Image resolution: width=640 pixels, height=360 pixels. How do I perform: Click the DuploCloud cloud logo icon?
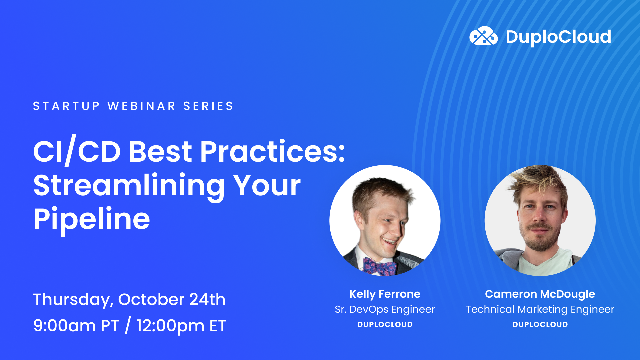click(x=483, y=36)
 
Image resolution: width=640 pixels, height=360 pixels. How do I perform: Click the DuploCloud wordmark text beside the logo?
click(x=558, y=37)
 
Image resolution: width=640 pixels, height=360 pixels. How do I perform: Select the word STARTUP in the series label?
click(x=66, y=106)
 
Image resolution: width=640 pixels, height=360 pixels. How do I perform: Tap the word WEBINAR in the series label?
click(x=142, y=106)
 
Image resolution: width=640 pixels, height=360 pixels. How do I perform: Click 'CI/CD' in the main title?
click(x=77, y=152)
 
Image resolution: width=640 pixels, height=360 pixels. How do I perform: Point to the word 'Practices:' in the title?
click(x=272, y=152)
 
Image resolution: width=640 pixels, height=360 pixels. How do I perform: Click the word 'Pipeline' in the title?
click(x=92, y=219)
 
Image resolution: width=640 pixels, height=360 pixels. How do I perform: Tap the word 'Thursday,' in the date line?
click(x=73, y=300)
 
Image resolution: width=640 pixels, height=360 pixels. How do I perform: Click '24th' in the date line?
click(x=207, y=299)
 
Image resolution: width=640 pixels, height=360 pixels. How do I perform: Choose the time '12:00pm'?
click(x=170, y=326)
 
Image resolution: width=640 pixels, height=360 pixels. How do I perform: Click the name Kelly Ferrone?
click(x=385, y=294)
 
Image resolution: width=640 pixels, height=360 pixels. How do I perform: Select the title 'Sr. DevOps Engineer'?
click(x=385, y=309)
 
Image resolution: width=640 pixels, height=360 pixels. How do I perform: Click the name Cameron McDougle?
click(x=540, y=294)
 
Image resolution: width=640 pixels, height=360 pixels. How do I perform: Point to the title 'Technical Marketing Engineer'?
click(x=540, y=309)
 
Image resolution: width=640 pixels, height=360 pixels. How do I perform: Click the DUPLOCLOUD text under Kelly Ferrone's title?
click(x=385, y=324)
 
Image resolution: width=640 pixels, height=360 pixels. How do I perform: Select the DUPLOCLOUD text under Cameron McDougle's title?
click(x=540, y=324)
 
